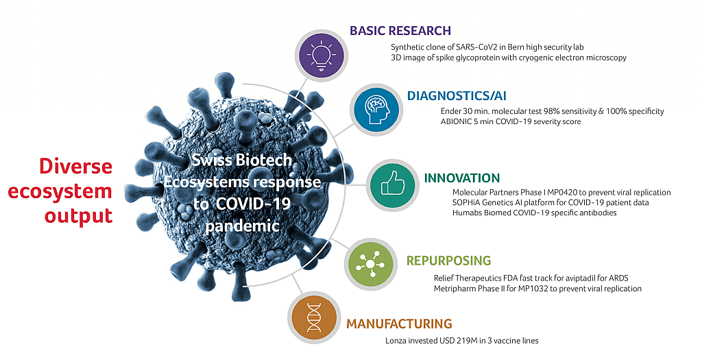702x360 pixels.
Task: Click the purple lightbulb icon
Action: [319, 56]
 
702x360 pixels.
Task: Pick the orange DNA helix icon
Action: [314, 317]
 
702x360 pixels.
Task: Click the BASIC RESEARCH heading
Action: [400, 30]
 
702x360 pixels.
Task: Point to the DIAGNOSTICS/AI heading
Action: [457, 95]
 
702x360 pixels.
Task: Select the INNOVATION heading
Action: [461, 178]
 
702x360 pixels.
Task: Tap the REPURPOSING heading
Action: [448, 260]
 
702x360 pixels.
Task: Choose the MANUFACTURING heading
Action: [400, 323]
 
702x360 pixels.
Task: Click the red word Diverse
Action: [75, 166]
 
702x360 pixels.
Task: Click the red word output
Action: [78, 216]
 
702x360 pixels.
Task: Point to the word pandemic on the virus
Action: [242, 224]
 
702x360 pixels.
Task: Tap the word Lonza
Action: [396, 341]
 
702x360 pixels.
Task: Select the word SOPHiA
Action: [465, 202]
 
